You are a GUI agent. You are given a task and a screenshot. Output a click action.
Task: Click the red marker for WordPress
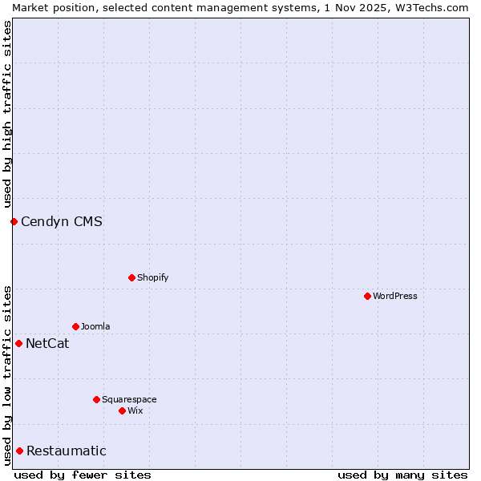[367, 296]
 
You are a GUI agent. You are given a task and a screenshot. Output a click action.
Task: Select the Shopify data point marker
[131, 277]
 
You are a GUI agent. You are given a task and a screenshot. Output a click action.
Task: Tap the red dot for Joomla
[75, 326]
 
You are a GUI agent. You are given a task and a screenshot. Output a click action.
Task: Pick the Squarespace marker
[96, 399]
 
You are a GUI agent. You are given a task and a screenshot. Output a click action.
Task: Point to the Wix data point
[122, 410]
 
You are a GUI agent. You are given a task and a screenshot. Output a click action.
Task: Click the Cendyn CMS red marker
[14, 221]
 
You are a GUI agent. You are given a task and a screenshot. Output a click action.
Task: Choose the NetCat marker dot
[18, 343]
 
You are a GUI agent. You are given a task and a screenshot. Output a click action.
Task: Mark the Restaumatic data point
[19, 451]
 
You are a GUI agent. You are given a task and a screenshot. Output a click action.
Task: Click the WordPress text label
[395, 296]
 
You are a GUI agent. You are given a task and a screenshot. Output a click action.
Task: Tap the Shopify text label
[153, 277]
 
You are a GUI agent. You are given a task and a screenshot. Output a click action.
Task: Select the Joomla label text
[95, 326]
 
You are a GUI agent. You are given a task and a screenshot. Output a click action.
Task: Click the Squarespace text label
[129, 399]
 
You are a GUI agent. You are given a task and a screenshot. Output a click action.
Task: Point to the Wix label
[135, 410]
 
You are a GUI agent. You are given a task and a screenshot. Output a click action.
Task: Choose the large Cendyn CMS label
[62, 221]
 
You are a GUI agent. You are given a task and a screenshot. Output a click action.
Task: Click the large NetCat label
[47, 343]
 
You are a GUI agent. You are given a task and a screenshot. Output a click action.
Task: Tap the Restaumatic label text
[67, 451]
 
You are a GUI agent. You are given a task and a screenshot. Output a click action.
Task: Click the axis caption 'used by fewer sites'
[83, 475]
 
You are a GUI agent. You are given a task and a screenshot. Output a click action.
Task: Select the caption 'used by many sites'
[402, 475]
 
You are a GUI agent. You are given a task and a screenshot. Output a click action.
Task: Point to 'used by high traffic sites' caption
[7, 114]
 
